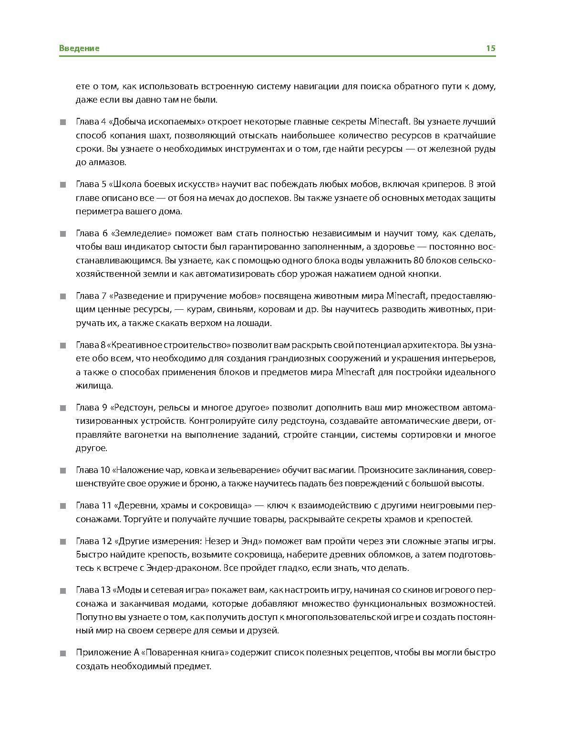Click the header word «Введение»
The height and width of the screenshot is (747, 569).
coord(79,48)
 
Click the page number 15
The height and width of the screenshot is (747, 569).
coord(490,48)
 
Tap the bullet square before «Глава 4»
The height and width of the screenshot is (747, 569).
coord(63,122)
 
